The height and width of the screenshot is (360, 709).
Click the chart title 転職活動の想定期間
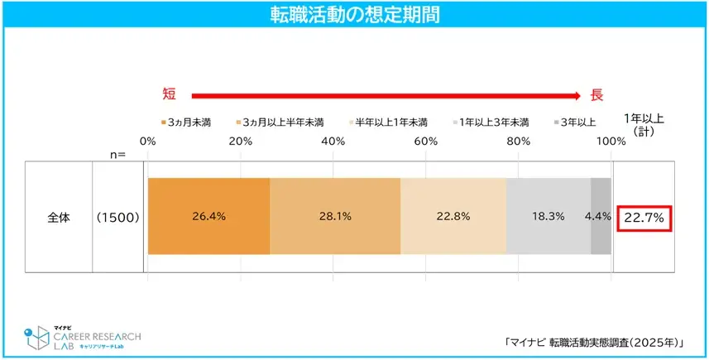pyautogui.click(x=354, y=14)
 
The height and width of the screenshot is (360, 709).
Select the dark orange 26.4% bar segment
pyautogui.click(x=208, y=216)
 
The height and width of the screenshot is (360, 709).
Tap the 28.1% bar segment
pyautogui.click(x=335, y=216)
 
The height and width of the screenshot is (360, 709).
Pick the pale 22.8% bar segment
pyautogui.click(x=453, y=216)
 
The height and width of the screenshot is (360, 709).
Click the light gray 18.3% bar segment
pyautogui.click(x=548, y=216)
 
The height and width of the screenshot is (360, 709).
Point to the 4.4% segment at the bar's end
pyautogui.click(x=601, y=216)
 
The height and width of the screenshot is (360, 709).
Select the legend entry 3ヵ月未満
pyautogui.click(x=187, y=122)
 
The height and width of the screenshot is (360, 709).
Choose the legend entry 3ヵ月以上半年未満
pyautogui.click(x=280, y=122)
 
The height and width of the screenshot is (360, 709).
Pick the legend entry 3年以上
pyautogui.click(x=576, y=122)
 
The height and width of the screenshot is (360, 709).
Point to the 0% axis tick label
pyautogui.click(x=149, y=142)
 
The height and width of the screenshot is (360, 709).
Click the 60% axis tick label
pyautogui.click(x=426, y=142)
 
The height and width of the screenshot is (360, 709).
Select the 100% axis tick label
pyautogui.click(x=611, y=142)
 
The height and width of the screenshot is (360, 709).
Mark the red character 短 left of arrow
pyautogui.click(x=168, y=95)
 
